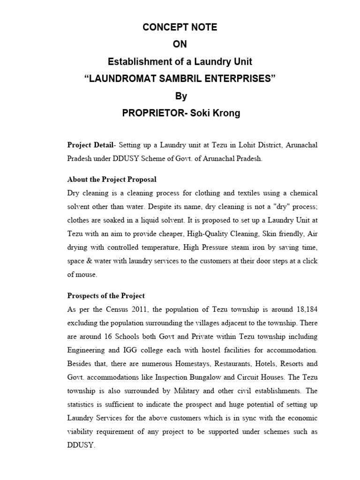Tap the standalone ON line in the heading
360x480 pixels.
pos(180,45)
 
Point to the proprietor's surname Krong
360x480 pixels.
pos(224,113)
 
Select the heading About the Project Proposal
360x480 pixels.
pos(112,179)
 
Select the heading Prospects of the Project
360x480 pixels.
pos(106,296)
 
